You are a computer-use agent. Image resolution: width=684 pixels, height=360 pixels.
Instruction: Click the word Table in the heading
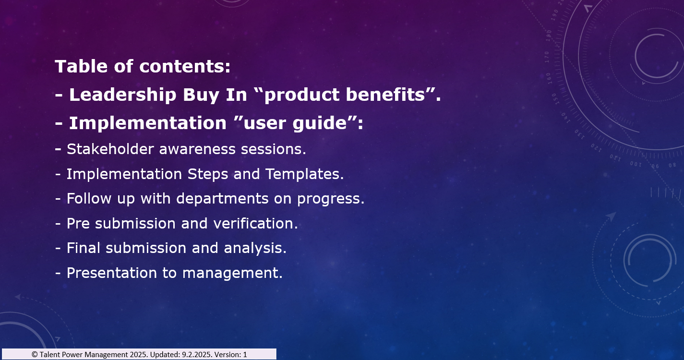tap(81, 66)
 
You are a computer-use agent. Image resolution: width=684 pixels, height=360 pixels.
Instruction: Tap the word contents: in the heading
tap(185, 66)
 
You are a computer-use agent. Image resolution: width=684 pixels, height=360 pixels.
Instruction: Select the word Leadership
tap(123, 95)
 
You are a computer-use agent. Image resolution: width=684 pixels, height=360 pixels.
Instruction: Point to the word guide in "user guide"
tap(320, 123)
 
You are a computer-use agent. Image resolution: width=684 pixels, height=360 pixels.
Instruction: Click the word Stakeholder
tap(110, 149)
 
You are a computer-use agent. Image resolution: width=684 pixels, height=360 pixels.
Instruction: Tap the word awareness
tap(197, 149)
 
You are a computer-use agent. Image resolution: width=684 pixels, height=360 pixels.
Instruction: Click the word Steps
tap(208, 174)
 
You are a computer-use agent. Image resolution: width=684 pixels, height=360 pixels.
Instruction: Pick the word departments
tap(222, 199)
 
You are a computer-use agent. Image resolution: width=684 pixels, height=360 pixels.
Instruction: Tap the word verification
tap(255, 223)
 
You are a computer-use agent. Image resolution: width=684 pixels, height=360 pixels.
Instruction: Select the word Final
tap(84, 248)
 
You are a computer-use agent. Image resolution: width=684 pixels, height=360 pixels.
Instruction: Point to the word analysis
tap(255, 248)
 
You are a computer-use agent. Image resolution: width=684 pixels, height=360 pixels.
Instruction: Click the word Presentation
tap(112, 273)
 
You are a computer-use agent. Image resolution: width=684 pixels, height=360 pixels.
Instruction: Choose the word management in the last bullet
tap(232, 273)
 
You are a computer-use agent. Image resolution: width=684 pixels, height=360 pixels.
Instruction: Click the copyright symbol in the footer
tap(35, 355)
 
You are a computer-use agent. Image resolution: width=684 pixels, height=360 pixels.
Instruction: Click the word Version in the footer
tap(228, 355)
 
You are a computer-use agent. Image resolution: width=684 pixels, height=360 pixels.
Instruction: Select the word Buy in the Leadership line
tap(201, 95)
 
